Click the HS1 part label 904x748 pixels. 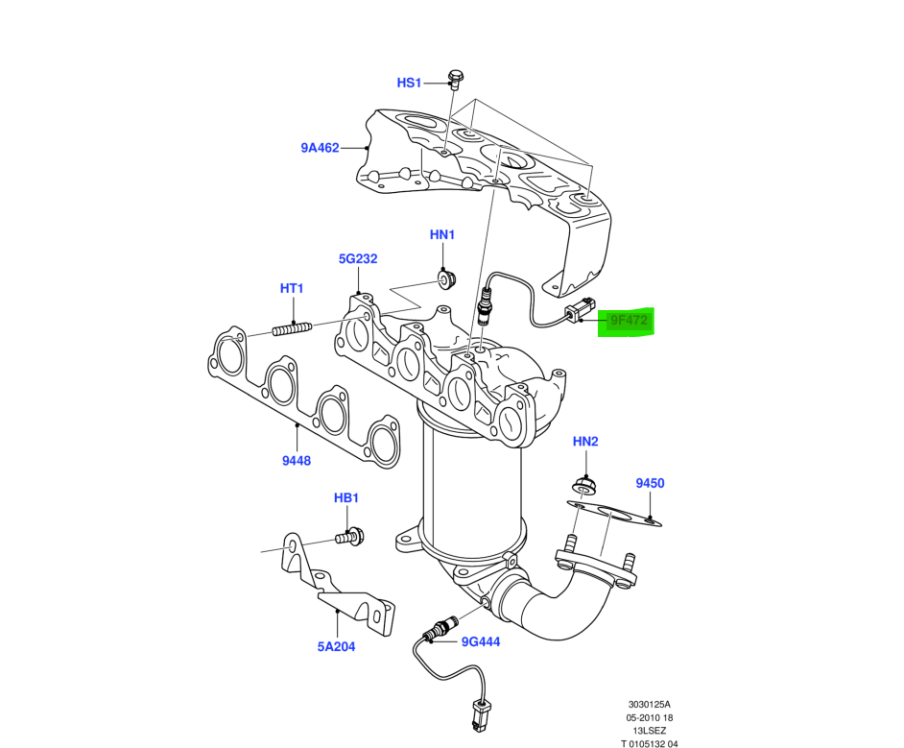tap(410, 83)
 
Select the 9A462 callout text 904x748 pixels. tap(320, 148)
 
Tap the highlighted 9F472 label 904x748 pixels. tap(626, 321)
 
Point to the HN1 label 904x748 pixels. tap(441, 234)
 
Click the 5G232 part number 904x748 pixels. tap(357, 258)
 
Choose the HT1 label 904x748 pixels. tap(292, 288)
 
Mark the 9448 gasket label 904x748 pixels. tap(297, 461)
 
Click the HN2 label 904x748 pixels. tap(585, 442)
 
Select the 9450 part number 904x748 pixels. tap(650, 484)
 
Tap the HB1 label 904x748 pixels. tap(345, 497)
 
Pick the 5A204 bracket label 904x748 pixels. tap(337, 646)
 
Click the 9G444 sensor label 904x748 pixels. tap(481, 642)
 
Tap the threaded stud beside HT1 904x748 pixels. tap(293, 330)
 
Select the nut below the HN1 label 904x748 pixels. tap(445, 278)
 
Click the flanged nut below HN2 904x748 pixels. tap(583, 485)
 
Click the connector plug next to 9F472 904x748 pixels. tap(577, 314)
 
